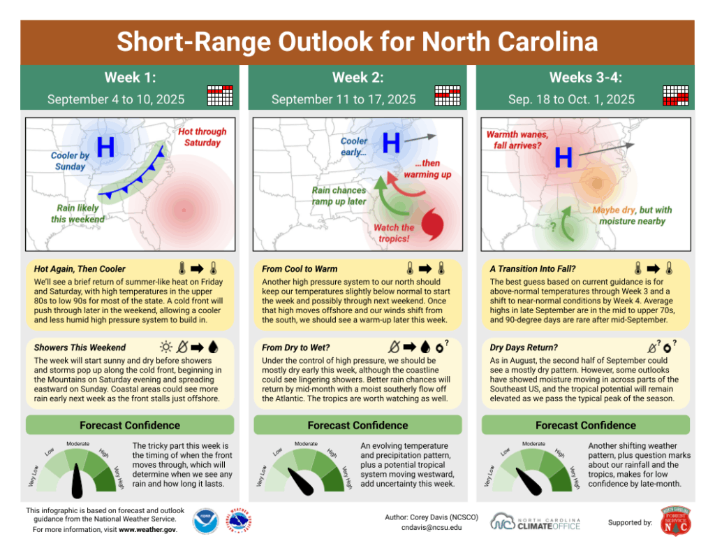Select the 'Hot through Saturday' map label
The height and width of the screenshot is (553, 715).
tap(202, 137)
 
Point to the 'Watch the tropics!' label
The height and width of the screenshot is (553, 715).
tap(395, 233)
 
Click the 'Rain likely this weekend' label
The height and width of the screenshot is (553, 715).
tap(78, 214)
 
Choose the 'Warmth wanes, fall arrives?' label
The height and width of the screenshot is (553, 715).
tap(517, 139)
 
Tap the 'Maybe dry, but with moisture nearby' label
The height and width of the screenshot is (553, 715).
tap(632, 215)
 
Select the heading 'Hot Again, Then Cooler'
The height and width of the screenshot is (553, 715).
tap(80, 268)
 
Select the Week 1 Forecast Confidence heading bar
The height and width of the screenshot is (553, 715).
tap(129, 425)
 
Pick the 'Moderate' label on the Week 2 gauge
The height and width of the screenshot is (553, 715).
tap(306, 443)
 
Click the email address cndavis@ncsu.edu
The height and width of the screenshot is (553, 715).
tap(422, 528)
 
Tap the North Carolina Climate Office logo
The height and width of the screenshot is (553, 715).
tap(536, 522)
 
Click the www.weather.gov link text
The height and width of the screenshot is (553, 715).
tap(147, 529)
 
